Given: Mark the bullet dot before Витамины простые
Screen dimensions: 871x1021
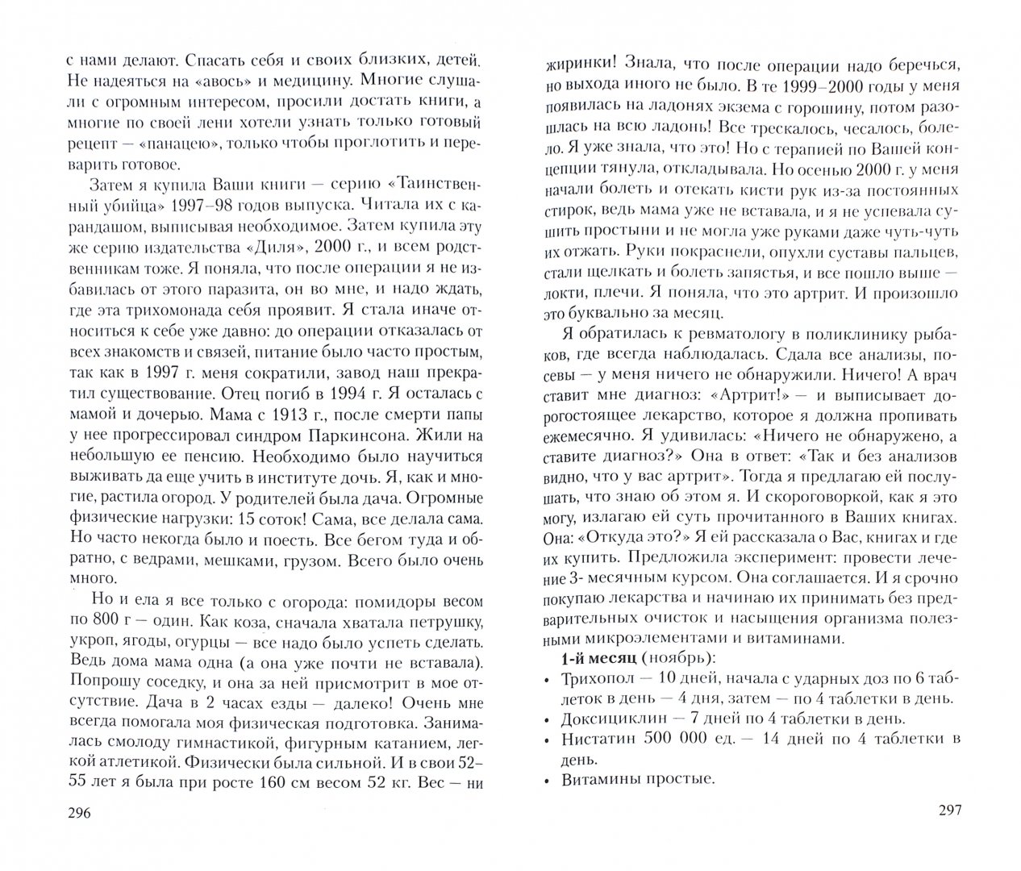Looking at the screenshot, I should [548, 781].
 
